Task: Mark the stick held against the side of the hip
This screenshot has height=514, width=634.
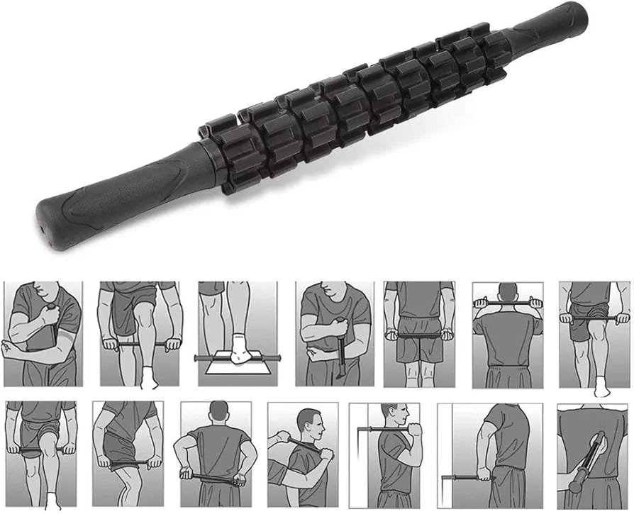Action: (x=131, y=464)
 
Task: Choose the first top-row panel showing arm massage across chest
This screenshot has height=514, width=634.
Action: (x=42, y=333)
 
